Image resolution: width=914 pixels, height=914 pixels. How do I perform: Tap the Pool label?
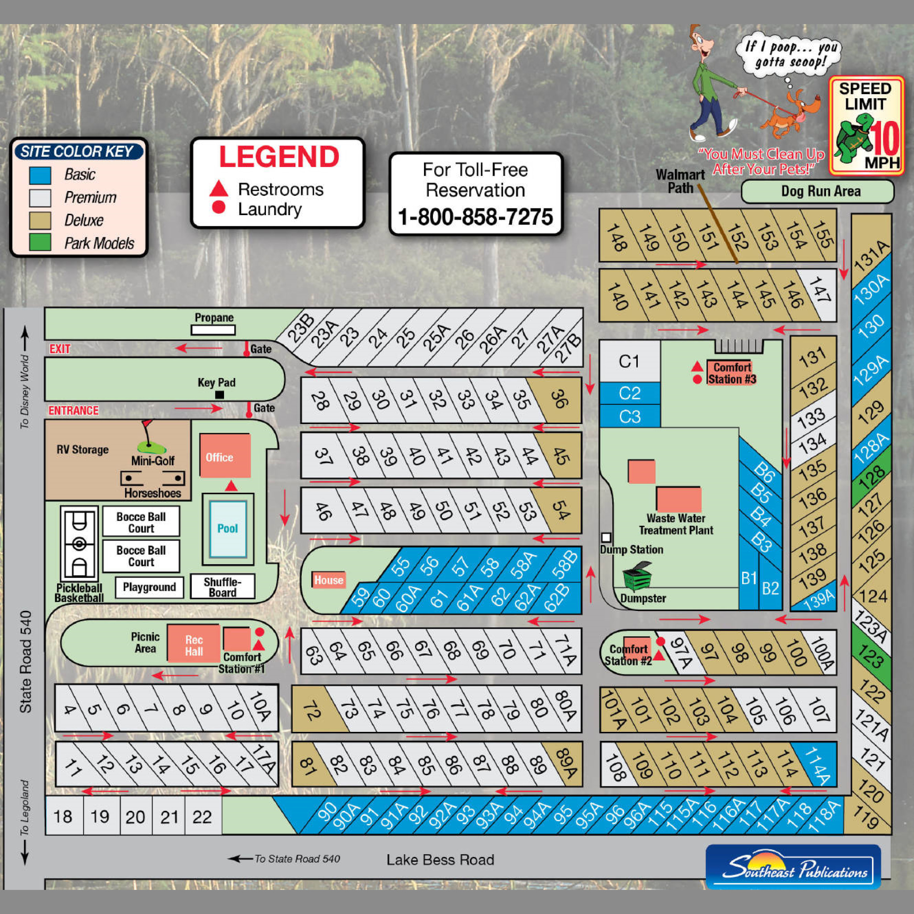point(228,528)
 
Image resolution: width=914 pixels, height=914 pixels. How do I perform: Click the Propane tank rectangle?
point(213,330)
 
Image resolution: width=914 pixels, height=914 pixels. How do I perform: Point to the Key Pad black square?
point(220,395)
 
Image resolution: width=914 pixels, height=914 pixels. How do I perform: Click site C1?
point(629,361)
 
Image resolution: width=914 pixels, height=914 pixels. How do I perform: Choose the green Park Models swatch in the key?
point(40,242)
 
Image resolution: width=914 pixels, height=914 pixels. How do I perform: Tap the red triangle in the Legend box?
point(219,189)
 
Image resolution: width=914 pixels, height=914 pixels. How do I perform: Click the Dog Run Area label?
point(820,191)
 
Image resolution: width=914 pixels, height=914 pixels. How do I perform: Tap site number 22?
point(202,817)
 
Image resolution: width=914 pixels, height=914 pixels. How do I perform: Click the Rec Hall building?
point(194,645)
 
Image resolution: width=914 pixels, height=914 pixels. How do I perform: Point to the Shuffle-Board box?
point(222,587)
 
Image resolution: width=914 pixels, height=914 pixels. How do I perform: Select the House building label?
point(328,580)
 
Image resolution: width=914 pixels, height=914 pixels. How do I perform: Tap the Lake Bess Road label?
point(440,860)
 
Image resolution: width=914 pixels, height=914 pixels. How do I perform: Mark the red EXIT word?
point(60,349)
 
